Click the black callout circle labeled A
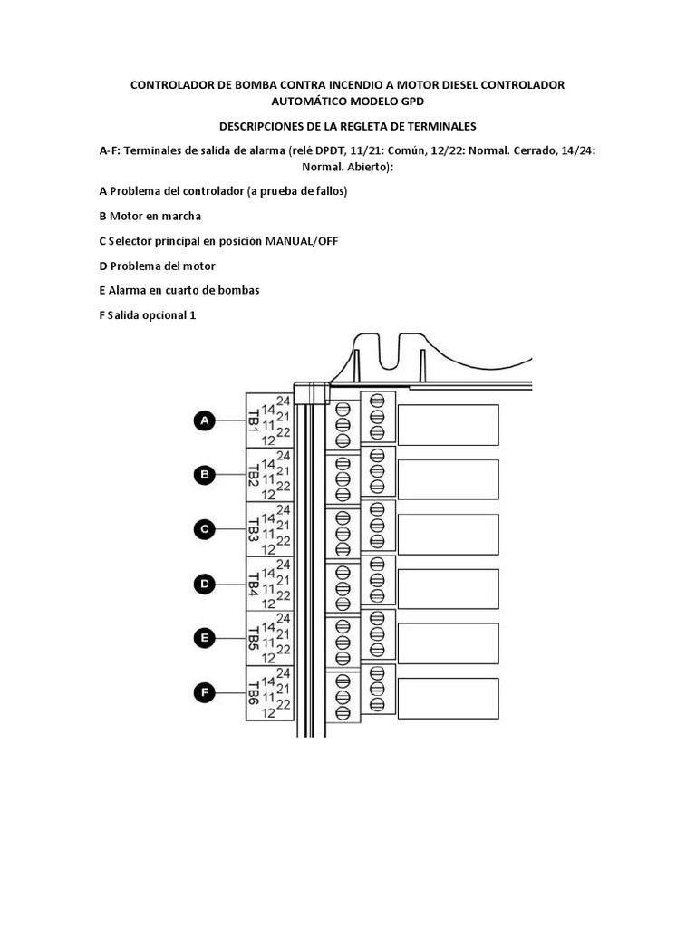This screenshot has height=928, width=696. pos(205,420)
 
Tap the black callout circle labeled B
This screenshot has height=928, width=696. pos(205,474)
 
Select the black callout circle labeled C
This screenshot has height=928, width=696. pos(205,529)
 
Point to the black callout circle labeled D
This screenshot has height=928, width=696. pos(205,585)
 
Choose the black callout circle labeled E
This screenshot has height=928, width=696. pos(205,639)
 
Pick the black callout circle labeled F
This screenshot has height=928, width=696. pos(205,693)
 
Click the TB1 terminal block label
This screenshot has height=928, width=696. pos(254,420)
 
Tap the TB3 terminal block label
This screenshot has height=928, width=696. pos(254,530)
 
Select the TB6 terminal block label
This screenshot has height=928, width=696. pos(254,695)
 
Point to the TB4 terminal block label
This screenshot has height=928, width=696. pos(254,585)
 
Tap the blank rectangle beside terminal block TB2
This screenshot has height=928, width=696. pos(448,479)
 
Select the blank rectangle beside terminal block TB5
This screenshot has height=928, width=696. pos(448,643)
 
